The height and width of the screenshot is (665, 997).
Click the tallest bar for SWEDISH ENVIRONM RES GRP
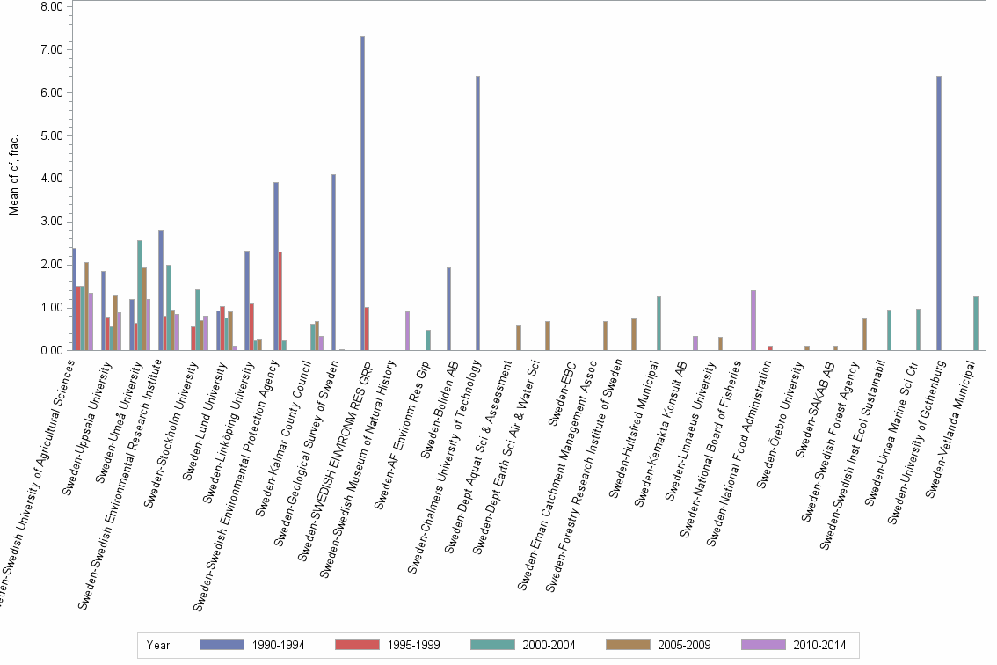tap(362, 194)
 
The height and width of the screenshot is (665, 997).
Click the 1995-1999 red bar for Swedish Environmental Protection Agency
tap(280, 301)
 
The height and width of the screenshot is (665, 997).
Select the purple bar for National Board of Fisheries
tap(753, 320)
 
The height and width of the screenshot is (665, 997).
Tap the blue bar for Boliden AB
tap(448, 309)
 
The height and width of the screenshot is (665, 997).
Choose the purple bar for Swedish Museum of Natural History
tap(407, 331)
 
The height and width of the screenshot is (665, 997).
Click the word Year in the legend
tap(158, 645)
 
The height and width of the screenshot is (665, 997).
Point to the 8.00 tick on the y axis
tap(52, 7)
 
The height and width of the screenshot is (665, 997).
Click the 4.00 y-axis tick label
tap(52, 179)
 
